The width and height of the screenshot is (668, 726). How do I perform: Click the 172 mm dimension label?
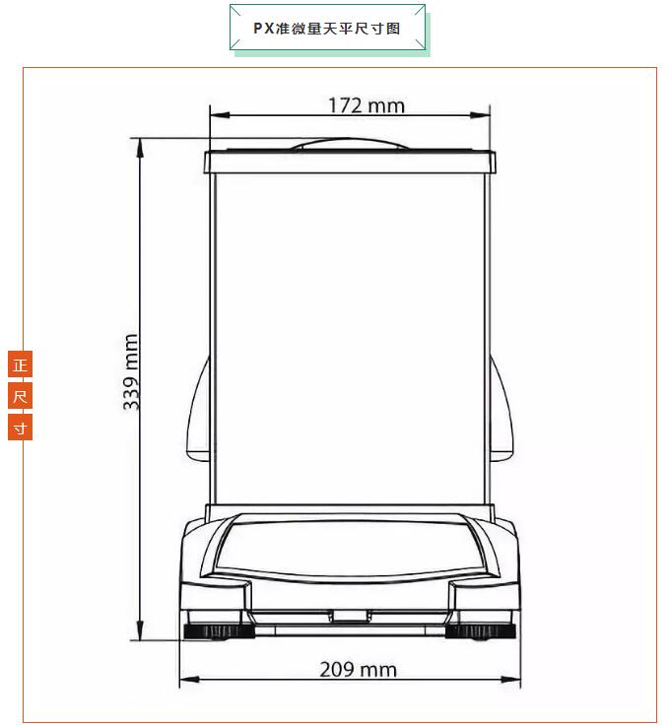point(367,105)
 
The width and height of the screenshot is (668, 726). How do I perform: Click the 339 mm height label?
point(132,371)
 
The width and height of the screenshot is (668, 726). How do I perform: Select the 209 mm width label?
point(358,670)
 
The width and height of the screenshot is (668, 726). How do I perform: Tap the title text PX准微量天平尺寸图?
point(327,29)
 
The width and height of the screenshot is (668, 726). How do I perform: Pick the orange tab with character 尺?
point(20,396)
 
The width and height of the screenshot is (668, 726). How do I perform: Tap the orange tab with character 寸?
point(20,428)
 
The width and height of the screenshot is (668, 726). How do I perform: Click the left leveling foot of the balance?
point(219,631)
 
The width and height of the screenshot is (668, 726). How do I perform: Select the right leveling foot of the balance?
point(481,631)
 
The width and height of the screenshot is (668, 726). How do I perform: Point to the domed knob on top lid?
point(350,144)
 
